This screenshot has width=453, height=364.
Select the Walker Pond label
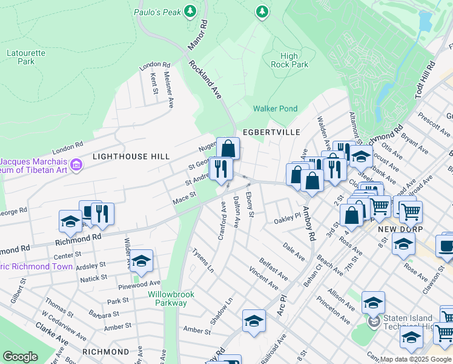pos(275,109)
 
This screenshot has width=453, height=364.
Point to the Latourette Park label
pos(25,57)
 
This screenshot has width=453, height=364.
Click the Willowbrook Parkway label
pos(171,298)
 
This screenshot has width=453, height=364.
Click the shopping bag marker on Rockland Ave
pos(228,149)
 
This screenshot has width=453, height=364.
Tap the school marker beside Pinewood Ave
pos(141,261)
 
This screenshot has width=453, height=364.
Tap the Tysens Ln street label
pos(202,259)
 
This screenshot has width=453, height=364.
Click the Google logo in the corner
pos(20,357)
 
